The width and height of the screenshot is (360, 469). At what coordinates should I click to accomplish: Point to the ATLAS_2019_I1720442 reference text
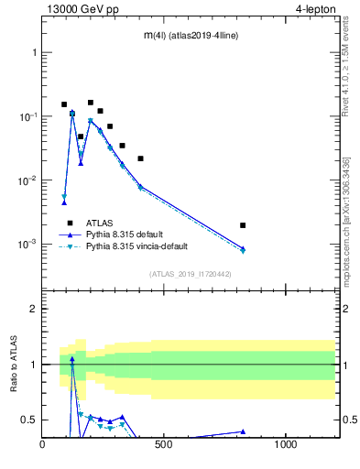click(x=190, y=273)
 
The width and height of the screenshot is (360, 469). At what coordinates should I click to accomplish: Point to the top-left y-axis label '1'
click(x=34, y=52)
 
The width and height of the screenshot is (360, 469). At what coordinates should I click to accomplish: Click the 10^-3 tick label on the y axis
click(x=28, y=245)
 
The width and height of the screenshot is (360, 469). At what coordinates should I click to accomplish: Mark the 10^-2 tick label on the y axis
click(x=28, y=180)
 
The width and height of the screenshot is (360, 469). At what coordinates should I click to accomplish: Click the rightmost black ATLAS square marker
click(x=243, y=225)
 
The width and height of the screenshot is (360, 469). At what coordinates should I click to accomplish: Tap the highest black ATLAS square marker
click(x=90, y=103)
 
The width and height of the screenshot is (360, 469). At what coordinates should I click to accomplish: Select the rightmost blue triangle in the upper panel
click(x=243, y=248)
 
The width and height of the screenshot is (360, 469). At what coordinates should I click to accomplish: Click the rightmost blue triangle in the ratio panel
click(x=243, y=431)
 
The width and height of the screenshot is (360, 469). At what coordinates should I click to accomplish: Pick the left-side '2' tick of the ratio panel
click(x=34, y=309)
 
